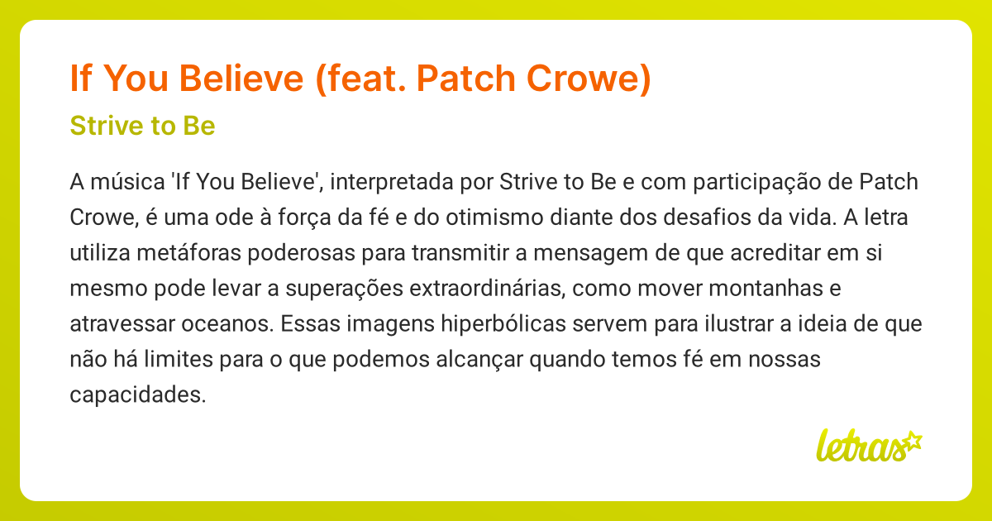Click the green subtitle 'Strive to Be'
142,127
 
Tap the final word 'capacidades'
137,396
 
